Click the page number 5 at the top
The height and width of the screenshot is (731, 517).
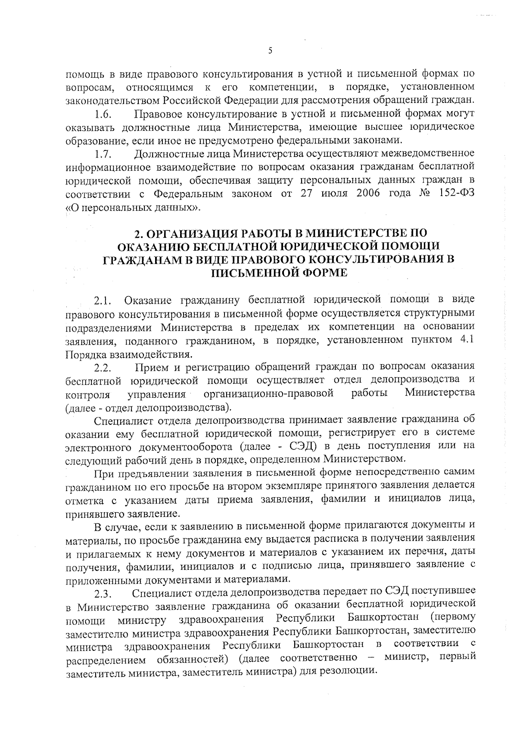coord(270,51)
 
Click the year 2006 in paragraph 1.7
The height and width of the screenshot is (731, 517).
coord(368,193)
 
